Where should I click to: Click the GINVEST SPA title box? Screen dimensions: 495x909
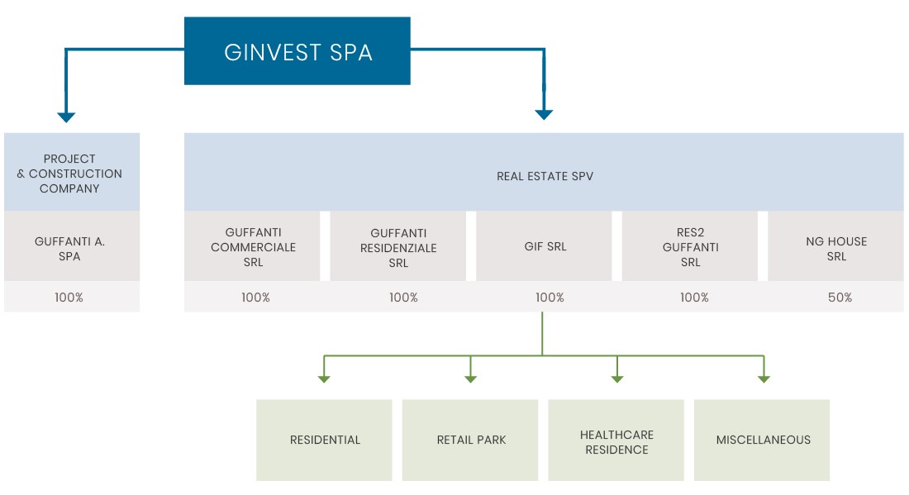[297, 52]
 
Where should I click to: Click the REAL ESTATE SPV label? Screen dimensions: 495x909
[545, 176]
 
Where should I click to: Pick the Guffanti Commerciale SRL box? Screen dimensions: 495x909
[253, 247]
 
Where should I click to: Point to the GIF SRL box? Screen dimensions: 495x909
[545, 247]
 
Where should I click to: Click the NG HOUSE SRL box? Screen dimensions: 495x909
[836, 249]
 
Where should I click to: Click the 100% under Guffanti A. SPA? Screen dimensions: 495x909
[69, 297]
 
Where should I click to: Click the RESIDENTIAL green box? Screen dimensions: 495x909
[325, 440]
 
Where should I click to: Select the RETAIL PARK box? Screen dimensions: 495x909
[471, 440]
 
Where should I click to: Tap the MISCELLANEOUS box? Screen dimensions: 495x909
[763, 440]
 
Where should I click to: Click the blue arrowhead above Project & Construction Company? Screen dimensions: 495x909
[66, 117]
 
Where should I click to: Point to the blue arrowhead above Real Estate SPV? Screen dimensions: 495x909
[543, 115]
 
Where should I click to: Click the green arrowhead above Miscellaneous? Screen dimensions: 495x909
[764, 378]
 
